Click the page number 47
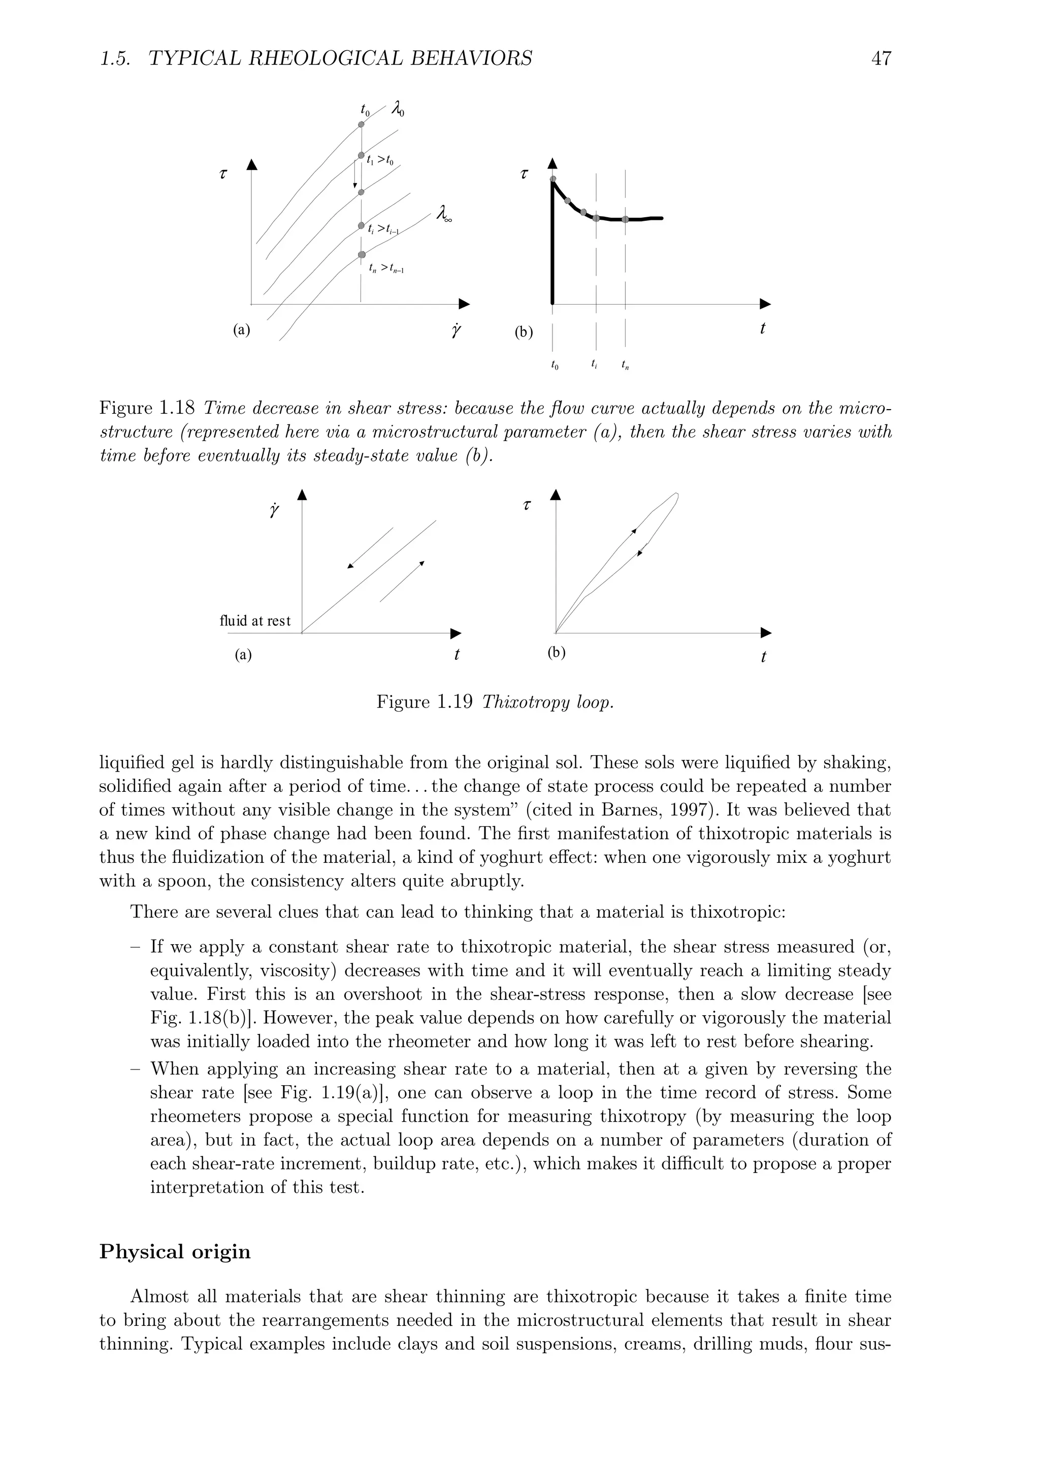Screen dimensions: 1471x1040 (x=881, y=59)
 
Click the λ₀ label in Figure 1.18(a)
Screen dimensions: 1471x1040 (x=397, y=110)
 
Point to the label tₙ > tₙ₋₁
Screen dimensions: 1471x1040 (x=386, y=269)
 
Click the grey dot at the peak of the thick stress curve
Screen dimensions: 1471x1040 (x=553, y=179)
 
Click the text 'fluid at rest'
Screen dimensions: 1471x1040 (x=255, y=621)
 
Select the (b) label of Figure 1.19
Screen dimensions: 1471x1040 (x=557, y=653)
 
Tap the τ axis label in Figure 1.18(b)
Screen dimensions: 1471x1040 (x=525, y=174)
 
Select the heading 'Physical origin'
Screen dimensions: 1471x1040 (x=175, y=1251)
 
